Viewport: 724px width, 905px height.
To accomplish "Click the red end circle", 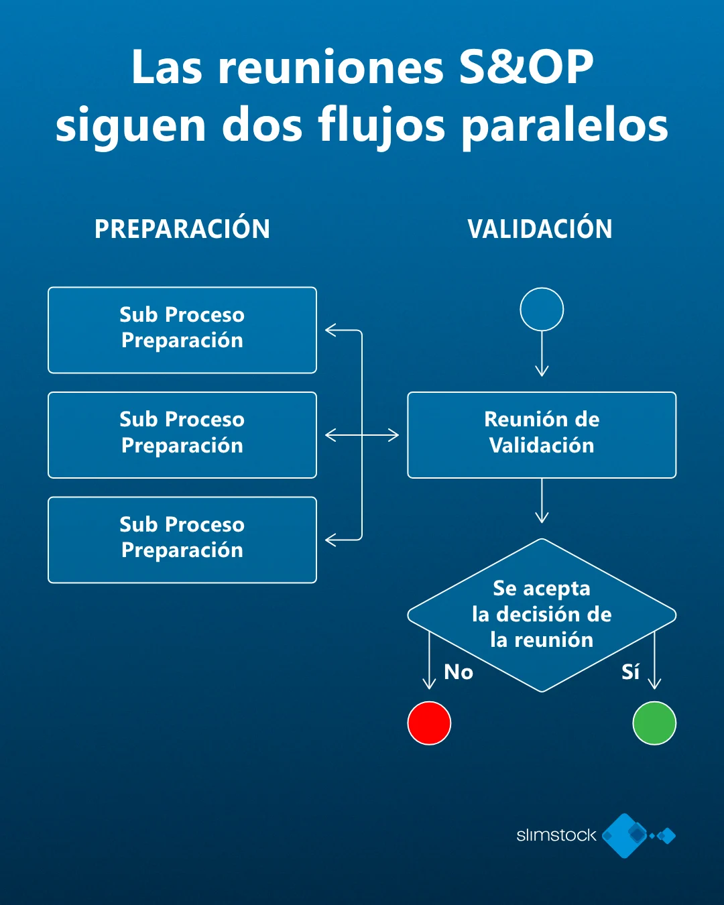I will click(x=429, y=723).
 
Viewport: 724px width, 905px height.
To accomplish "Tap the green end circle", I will click(x=654, y=723).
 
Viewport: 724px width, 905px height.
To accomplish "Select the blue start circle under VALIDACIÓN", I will click(x=542, y=309).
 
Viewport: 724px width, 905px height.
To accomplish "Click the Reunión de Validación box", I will click(x=542, y=434).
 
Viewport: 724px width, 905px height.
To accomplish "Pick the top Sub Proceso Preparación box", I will click(x=182, y=330).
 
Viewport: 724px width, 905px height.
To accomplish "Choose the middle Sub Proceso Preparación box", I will click(x=182, y=434).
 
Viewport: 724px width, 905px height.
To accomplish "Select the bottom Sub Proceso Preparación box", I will click(x=182, y=540).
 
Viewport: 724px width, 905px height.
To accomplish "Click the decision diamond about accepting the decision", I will click(x=542, y=614).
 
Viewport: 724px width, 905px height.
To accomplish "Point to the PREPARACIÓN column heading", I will click(x=182, y=229).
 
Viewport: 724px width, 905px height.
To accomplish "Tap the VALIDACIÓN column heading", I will click(x=540, y=229).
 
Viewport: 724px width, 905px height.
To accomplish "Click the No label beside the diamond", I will click(x=459, y=672).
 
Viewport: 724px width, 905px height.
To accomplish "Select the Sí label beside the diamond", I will click(x=630, y=672).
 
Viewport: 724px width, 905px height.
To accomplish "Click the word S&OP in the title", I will click(x=526, y=67).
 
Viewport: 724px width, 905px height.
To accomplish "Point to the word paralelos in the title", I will click(x=565, y=125).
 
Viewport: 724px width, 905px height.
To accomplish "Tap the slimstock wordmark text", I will click(x=556, y=835).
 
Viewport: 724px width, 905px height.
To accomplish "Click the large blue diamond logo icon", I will click(x=625, y=835).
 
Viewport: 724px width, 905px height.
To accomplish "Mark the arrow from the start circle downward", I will click(x=542, y=353).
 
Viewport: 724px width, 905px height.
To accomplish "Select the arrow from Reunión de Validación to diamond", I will click(x=542, y=500).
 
